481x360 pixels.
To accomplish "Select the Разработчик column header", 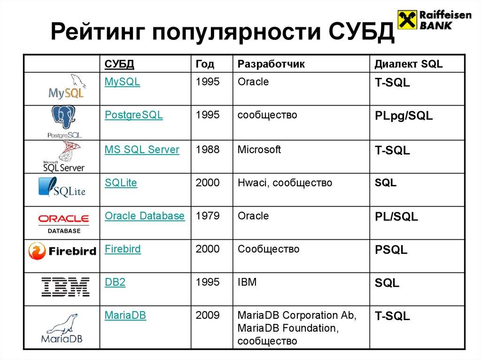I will [271, 64].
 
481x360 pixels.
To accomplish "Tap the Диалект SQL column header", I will [408, 64].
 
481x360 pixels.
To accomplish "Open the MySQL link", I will [122, 82].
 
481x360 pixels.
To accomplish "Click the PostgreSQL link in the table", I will [133, 115].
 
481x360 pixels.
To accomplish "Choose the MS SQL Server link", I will [142, 150].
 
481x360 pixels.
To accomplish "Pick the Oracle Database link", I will [145, 216].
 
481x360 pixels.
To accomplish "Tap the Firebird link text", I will [123, 249].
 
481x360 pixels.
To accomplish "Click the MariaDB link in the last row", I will [125, 315].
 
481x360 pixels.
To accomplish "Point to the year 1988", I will [208, 150].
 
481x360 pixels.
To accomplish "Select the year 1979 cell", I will [208, 216].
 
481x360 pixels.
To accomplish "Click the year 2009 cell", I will [208, 315].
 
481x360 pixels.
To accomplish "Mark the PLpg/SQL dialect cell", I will [403, 116].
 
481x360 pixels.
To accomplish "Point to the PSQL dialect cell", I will [391, 250].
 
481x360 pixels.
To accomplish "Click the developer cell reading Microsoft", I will [259, 150].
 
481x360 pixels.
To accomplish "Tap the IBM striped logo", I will [65, 286].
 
